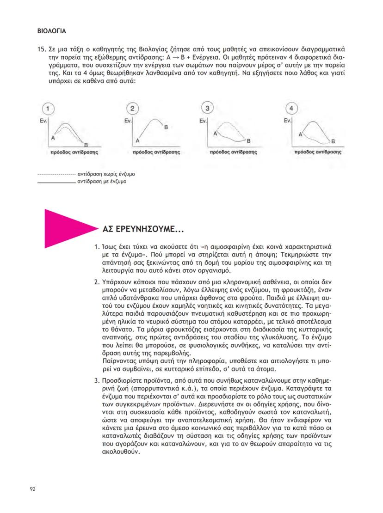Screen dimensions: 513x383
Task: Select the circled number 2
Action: [x=132, y=109]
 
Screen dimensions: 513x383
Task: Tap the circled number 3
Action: [x=208, y=109]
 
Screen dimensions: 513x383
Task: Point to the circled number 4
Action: [x=290, y=109]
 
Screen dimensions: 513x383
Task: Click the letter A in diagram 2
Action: [x=137, y=140]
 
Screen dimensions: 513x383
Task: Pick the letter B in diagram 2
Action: [x=166, y=127]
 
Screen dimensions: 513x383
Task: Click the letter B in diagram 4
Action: [x=333, y=141]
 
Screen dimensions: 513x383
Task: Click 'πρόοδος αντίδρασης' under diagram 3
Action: [x=234, y=151]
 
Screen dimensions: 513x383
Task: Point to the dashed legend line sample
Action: [x=56, y=175]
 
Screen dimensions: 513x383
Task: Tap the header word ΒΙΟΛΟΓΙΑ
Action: [x=51, y=32]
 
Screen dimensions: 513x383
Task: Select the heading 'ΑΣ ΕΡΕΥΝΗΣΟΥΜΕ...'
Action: [x=142, y=229]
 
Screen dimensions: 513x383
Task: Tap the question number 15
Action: [x=40, y=49]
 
